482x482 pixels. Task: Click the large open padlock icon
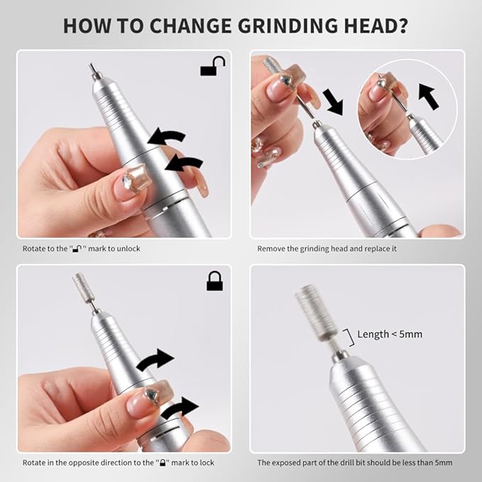pos(212,67)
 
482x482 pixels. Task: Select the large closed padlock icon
pos(214,281)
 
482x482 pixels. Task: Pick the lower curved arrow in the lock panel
pos(179,408)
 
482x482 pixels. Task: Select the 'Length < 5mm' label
pos(390,334)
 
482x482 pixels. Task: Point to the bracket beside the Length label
pos(347,334)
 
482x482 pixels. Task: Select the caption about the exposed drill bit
pos(354,463)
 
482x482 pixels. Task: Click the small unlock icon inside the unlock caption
pos(76,248)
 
